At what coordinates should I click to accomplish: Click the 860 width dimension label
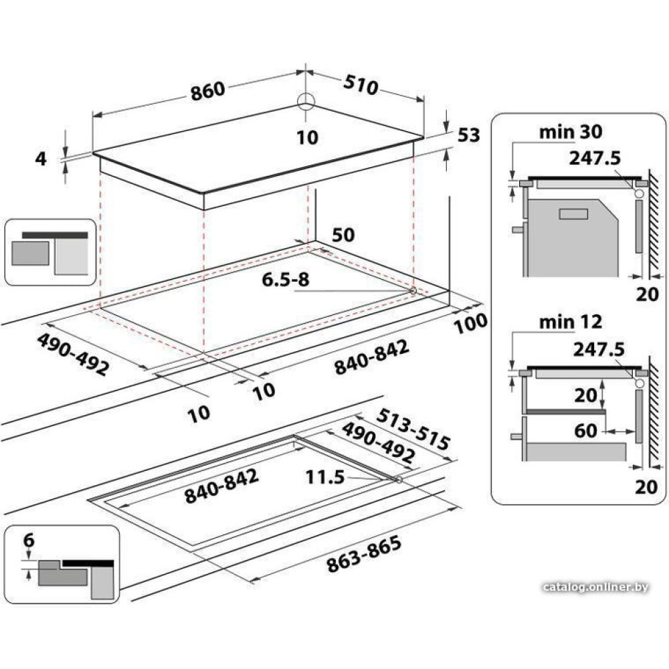point(207,91)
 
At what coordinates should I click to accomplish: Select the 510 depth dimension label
point(361,85)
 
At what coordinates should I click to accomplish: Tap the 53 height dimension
point(469,135)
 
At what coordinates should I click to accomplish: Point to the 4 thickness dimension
point(41,159)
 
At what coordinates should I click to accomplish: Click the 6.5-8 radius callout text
point(286,280)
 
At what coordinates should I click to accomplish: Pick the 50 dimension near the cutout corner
point(343,235)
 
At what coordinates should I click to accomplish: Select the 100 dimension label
point(470,324)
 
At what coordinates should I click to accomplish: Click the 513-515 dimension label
point(413,429)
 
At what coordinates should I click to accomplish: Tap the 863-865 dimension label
point(364,553)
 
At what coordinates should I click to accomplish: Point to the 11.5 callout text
point(325,477)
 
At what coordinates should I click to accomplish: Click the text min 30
point(571,132)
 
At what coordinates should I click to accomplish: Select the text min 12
point(571,322)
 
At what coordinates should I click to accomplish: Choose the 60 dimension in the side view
point(586,431)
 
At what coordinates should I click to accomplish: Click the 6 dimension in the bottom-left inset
point(29,540)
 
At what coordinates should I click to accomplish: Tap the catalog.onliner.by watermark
point(595,587)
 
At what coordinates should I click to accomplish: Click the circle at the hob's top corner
point(306,101)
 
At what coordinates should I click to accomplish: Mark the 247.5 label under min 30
point(595,159)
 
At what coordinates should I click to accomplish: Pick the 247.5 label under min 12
point(599,349)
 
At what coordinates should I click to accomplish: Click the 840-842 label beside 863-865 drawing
point(221,486)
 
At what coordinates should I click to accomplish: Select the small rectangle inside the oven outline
point(574,214)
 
